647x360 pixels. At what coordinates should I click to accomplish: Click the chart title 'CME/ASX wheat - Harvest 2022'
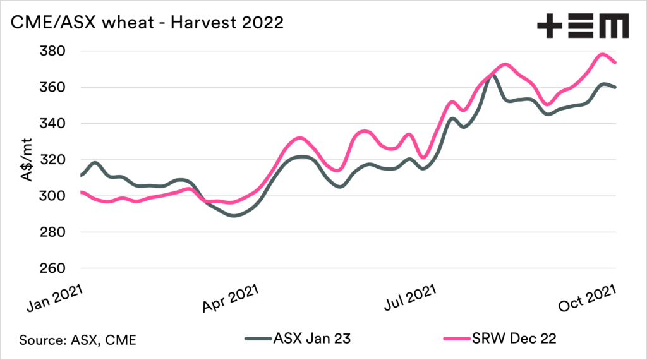tap(144, 25)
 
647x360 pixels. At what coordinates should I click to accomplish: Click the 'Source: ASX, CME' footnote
tap(78, 339)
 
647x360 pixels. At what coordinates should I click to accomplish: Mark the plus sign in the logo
tap(548, 26)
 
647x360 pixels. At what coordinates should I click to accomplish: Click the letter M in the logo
tap(612, 26)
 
